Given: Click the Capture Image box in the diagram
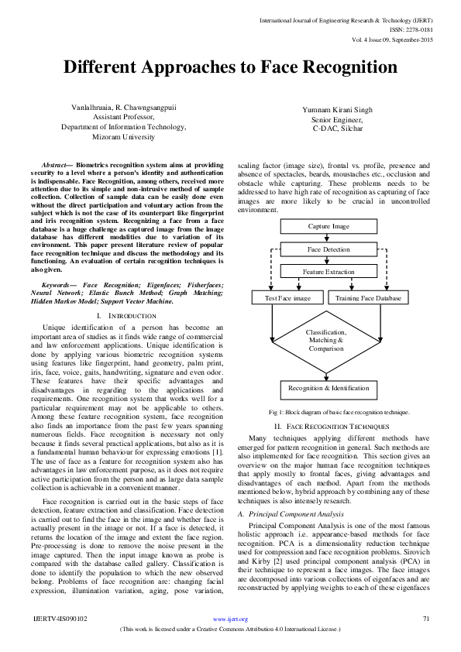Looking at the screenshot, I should pyautogui.click(x=329, y=227).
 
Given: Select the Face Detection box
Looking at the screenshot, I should pyautogui.click(x=329, y=250).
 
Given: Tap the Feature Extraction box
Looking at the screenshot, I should pyautogui.click(x=329, y=273).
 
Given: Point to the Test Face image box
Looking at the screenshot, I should pyautogui.click(x=287, y=298).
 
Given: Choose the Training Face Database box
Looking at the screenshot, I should pyautogui.click(x=367, y=298).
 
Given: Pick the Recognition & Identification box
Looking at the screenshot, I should pyautogui.click(x=329, y=388).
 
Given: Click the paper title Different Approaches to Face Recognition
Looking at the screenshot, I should pyautogui.click(x=230, y=67).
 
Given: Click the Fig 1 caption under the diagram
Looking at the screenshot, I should pyautogui.click(x=329, y=414).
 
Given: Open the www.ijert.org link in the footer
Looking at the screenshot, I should pyautogui.click(x=230, y=619).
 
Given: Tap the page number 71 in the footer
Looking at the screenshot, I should pyautogui.click(x=425, y=619).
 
